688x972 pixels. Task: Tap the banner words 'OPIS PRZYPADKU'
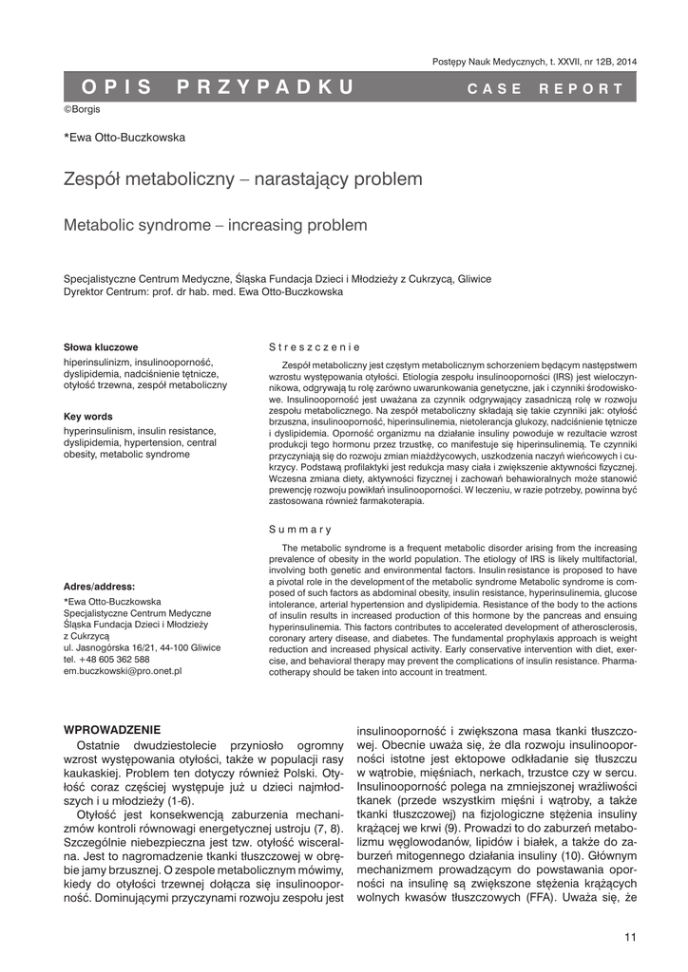219,87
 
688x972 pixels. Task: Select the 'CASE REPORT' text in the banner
545,88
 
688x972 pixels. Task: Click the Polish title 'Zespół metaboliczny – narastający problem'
229,178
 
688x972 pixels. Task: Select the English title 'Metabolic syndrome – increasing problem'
214,225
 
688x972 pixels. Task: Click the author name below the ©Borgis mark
124,138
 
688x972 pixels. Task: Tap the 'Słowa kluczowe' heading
101,347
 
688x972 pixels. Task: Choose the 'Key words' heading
87,416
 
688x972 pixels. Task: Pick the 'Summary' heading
299,529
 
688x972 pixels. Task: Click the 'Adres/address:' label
99,586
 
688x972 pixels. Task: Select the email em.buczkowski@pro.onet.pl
123,670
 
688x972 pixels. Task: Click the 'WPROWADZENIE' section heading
111,729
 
